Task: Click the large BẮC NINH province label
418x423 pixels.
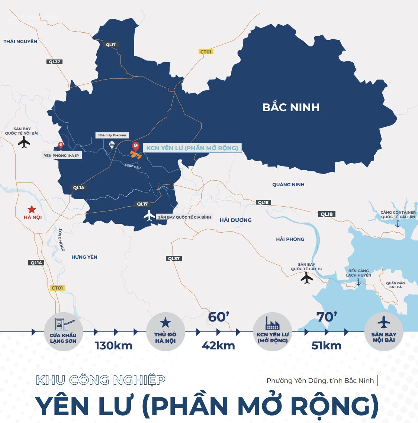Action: coord(291,107)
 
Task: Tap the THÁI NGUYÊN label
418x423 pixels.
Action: coord(20,42)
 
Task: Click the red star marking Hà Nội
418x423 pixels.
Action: coord(32,209)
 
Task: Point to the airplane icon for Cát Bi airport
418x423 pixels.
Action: coord(306,278)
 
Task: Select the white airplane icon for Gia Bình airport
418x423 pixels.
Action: coord(149,216)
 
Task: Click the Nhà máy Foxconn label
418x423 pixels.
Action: coord(112,135)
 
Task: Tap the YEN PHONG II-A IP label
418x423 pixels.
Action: coord(61,156)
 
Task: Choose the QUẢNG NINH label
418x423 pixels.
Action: coord(288,185)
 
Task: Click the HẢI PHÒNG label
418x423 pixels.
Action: coord(290,239)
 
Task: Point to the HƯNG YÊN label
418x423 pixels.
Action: coord(84,257)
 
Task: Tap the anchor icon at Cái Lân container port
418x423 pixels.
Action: coord(398,223)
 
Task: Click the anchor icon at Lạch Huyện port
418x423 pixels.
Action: coord(358,282)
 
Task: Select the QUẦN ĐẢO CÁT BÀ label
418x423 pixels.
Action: coord(395,285)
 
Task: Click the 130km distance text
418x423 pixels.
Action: coord(114,346)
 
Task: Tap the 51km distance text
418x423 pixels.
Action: coord(327,346)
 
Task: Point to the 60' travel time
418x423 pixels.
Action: coord(219,317)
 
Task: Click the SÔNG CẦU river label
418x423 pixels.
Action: coord(133,166)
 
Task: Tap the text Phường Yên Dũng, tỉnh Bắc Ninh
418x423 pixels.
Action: coord(320,381)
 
